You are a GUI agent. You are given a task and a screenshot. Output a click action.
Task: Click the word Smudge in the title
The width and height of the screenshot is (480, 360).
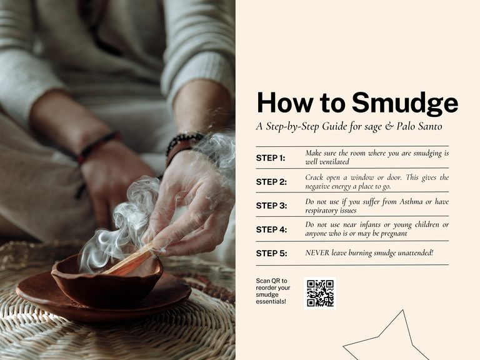click(404, 103)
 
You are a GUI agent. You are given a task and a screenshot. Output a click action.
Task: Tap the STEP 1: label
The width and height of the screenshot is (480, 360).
click(271, 158)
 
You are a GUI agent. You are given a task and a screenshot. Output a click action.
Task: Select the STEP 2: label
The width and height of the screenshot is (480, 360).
click(271, 182)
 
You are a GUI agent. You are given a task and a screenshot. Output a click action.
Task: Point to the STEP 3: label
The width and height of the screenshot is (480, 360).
click(271, 206)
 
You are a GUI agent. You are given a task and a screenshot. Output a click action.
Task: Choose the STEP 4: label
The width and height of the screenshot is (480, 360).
click(271, 229)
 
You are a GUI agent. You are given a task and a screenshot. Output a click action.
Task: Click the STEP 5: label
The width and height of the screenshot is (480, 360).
click(271, 254)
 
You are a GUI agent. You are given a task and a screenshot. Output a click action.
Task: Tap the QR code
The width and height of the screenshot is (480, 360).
click(320, 293)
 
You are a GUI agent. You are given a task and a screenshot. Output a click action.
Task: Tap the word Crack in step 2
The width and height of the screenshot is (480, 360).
click(314, 177)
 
